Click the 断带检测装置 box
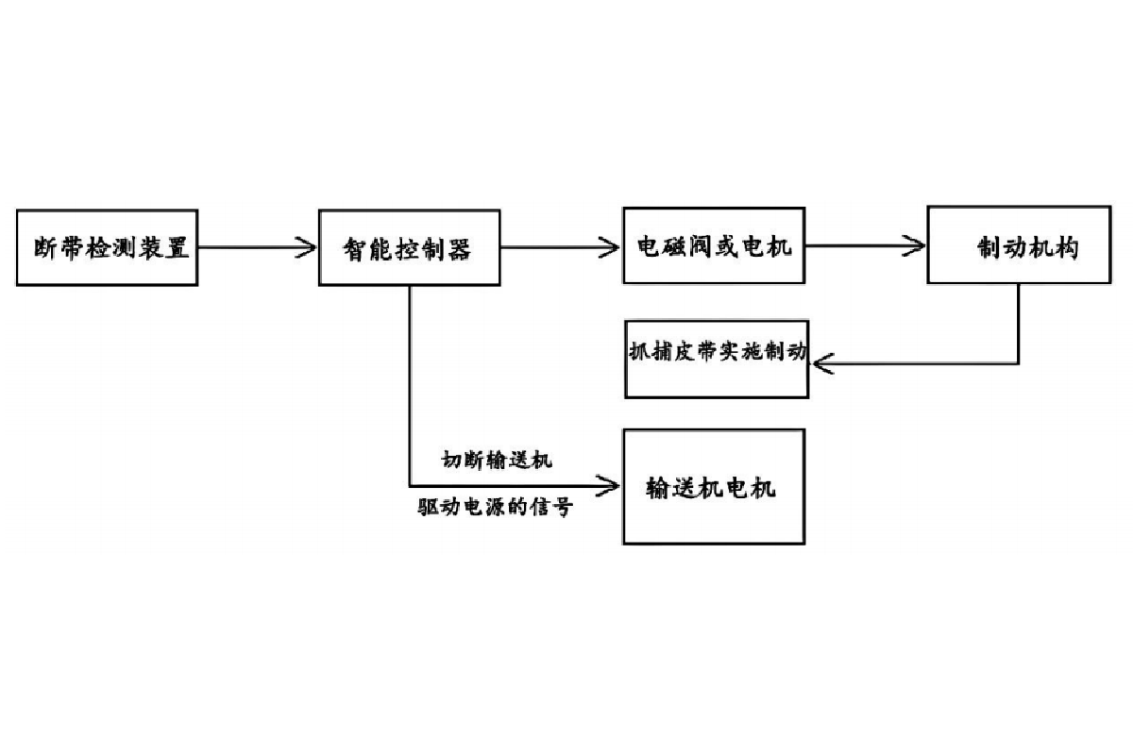click(107, 247)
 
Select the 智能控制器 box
click(409, 247)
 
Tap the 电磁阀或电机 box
click(714, 245)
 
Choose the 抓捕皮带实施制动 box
click(717, 359)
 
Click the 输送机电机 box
click(714, 487)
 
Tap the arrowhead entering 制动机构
click(917, 247)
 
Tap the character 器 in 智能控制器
click(459, 251)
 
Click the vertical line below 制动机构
click(1019, 321)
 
